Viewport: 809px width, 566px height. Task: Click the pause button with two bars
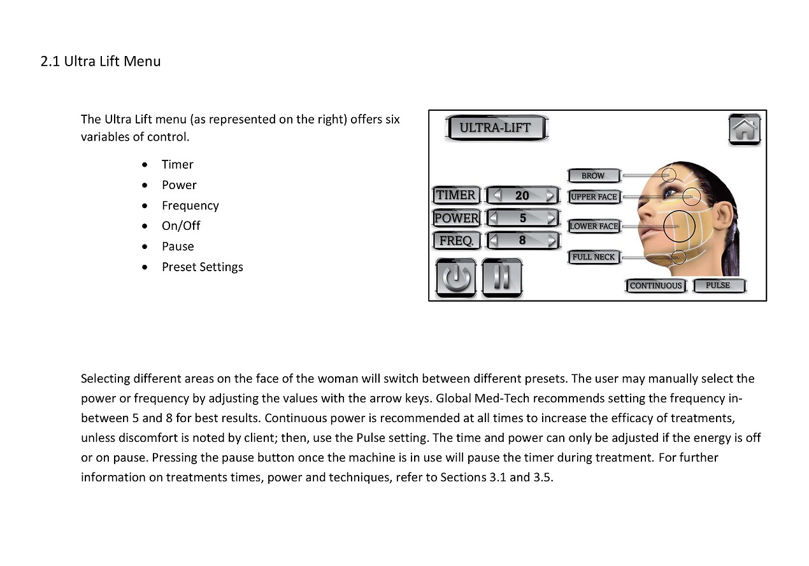(502, 278)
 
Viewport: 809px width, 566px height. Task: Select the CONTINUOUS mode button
(655, 286)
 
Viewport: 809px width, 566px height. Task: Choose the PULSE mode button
(718, 285)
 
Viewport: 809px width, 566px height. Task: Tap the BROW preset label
(592, 175)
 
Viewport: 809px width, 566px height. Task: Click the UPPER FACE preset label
(594, 197)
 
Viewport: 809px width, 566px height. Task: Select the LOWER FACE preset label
(594, 226)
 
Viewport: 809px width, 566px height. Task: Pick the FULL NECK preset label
(594, 257)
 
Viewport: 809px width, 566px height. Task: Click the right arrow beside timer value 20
(551, 195)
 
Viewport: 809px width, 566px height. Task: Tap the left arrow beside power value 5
(493, 218)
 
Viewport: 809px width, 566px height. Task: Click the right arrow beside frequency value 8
(551, 241)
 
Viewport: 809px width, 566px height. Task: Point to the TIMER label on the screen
(455, 195)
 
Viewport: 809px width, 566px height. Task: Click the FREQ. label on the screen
(455, 241)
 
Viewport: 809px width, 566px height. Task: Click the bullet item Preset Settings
(202, 267)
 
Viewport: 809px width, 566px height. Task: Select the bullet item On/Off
(181, 226)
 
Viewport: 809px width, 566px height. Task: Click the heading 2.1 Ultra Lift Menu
(101, 62)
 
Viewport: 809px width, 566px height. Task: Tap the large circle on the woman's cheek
(679, 226)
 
